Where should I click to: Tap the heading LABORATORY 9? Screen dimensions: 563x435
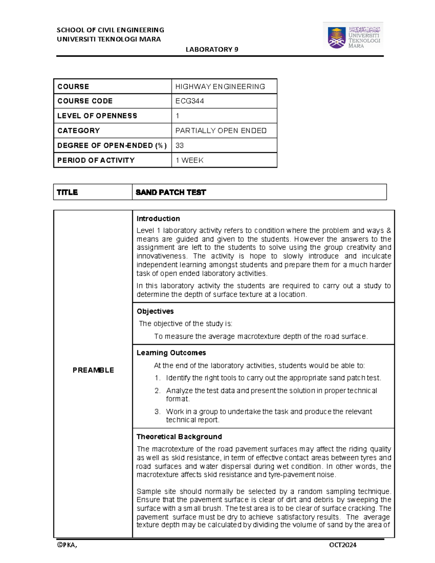click(x=212, y=50)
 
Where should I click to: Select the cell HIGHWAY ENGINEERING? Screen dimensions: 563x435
click(x=220, y=87)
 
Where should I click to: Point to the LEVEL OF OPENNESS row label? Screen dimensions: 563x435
click(x=97, y=116)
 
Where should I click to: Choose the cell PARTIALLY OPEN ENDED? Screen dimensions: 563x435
click(x=221, y=131)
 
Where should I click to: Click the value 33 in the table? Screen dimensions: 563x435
click(x=179, y=146)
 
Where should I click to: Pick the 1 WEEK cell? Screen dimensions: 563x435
click(x=189, y=160)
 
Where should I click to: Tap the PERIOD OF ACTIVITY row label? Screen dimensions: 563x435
click(x=96, y=160)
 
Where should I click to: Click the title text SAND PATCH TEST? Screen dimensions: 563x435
click(x=171, y=193)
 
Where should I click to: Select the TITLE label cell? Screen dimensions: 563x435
click(x=67, y=193)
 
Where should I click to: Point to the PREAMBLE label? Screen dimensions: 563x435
click(x=93, y=370)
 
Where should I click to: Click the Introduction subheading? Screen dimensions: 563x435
click(x=158, y=219)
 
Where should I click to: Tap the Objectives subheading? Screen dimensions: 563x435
click(x=155, y=311)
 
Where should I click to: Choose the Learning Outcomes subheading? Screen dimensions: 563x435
click(x=171, y=353)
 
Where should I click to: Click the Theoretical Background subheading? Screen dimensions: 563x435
click(x=179, y=437)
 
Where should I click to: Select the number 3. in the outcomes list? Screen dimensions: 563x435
click(x=157, y=412)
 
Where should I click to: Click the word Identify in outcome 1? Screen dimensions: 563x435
click(x=178, y=378)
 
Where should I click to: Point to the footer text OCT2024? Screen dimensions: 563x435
click(x=343, y=545)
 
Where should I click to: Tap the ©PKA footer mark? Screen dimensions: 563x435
click(x=67, y=545)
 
